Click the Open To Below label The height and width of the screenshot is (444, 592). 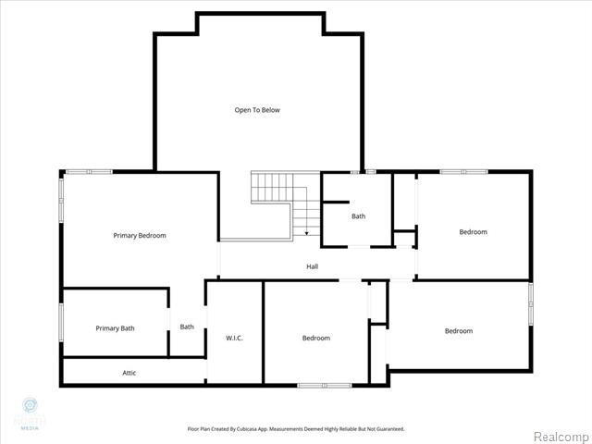click(256, 110)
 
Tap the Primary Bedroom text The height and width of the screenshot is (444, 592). click(140, 236)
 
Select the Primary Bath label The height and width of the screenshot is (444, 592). click(115, 328)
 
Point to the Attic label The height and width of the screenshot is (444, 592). click(129, 373)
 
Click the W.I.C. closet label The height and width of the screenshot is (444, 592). click(234, 338)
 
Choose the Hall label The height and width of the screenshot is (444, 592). click(313, 266)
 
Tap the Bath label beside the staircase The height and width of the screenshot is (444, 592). click(358, 216)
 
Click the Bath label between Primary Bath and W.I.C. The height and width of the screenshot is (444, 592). click(187, 327)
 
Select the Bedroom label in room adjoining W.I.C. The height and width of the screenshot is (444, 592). click(315, 338)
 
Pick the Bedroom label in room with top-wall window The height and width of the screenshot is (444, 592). click(473, 232)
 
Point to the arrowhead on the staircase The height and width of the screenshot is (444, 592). click(305, 235)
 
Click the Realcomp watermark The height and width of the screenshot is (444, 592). click(560, 435)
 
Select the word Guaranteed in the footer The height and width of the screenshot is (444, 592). click(384, 429)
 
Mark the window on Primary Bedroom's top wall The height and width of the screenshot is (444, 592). click(89, 171)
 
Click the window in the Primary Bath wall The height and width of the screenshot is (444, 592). click(62, 323)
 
